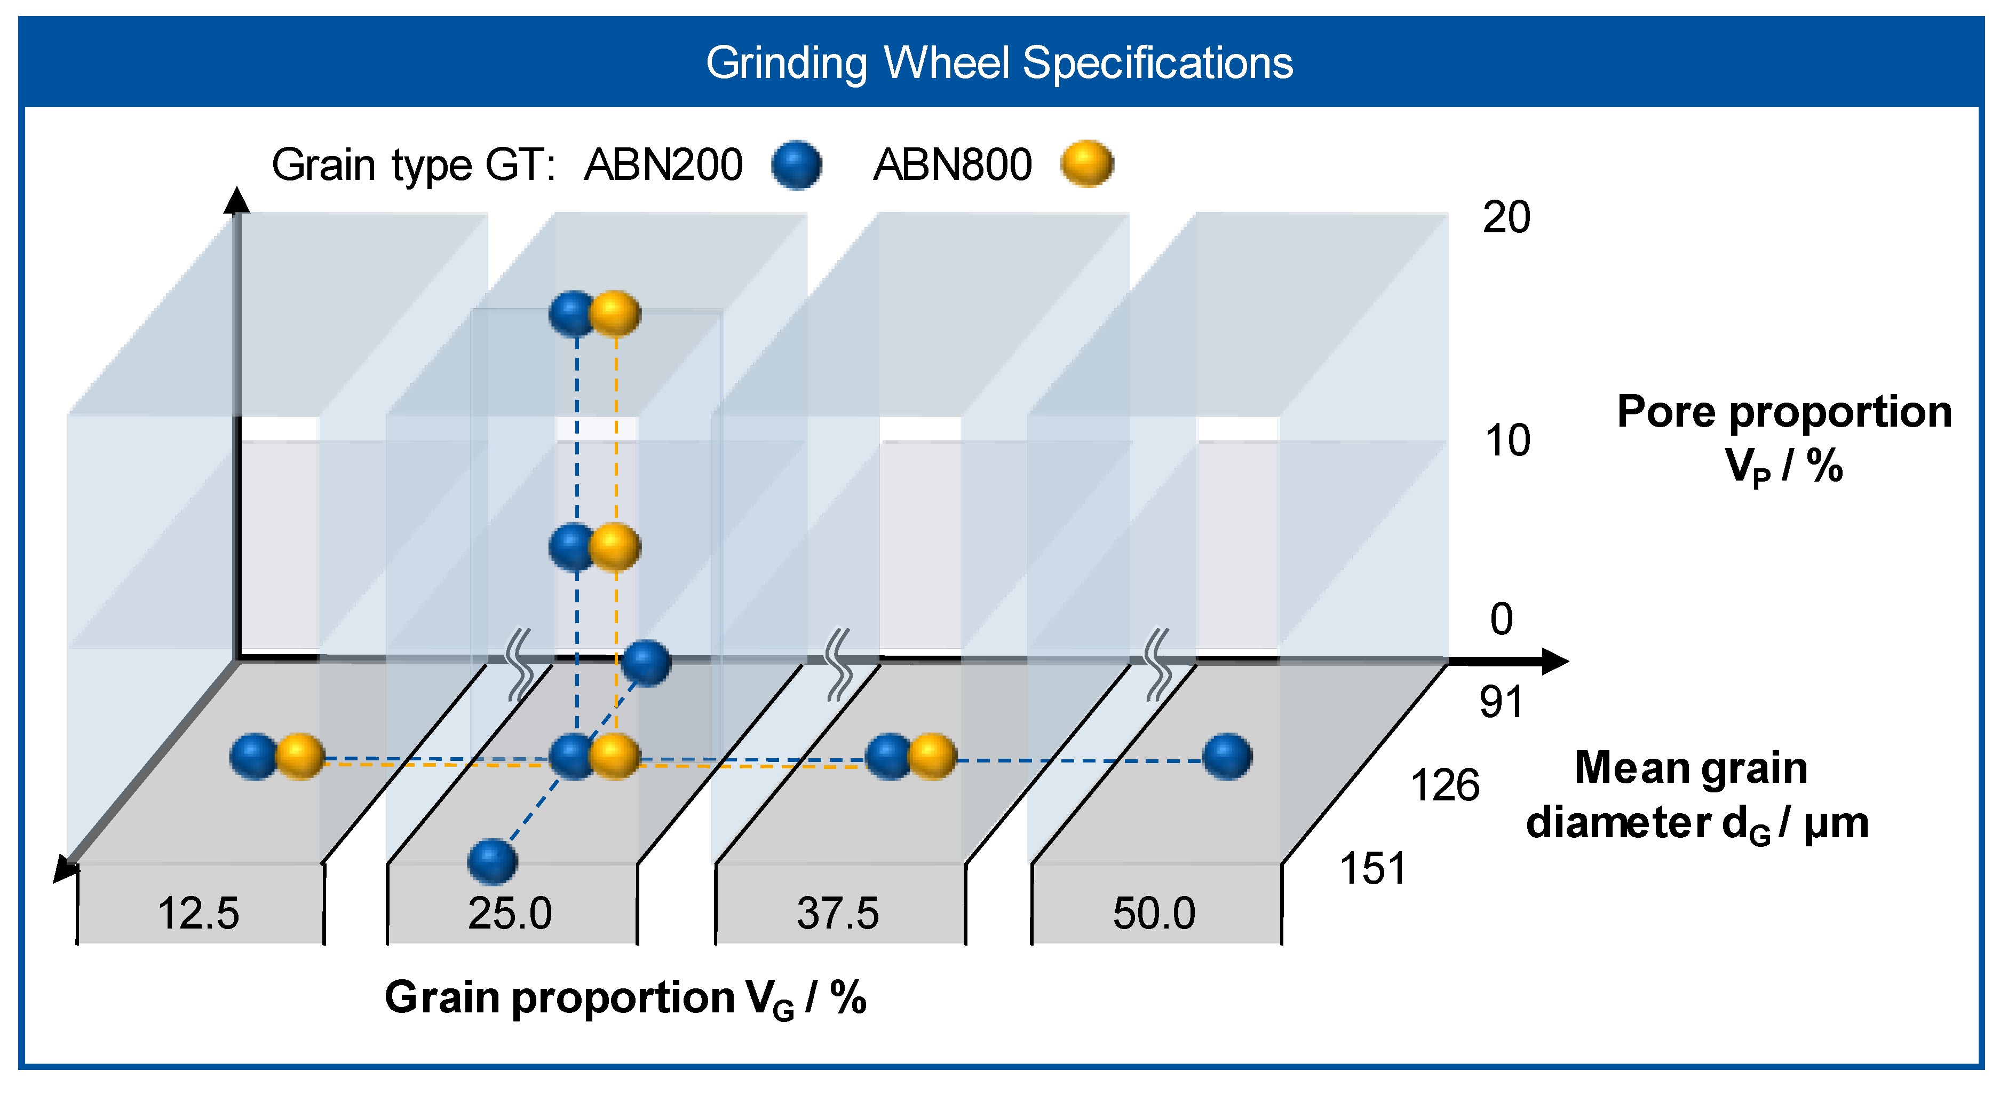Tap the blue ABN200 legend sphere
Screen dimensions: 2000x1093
pyautogui.click(x=797, y=164)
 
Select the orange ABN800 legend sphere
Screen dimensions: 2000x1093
pyautogui.click(x=1087, y=163)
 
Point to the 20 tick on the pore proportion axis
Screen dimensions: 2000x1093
pyautogui.click(x=1506, y=217)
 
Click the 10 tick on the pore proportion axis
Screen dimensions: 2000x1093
pyautogui.click(x=1507, y=441)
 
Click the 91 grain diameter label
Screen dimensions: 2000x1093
pyautogui.click(x=1501, y=702)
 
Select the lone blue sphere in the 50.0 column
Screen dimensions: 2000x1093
pyautogui.click(x=1227, y=756)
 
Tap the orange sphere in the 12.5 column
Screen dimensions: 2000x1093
pyautogui.click(x=300, y=756)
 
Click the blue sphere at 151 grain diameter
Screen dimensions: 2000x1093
pyautogui.click(x=492, y=861)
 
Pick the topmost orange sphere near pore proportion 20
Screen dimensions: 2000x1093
pyautogui.click(x=615, y=314)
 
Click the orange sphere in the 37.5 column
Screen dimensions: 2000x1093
pyautogui.click(x=932, y=756)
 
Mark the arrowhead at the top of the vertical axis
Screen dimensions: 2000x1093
pyautogui.click(x=237, y=200)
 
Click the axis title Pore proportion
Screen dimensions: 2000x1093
pyautogui.click(x=1784, y=411)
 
